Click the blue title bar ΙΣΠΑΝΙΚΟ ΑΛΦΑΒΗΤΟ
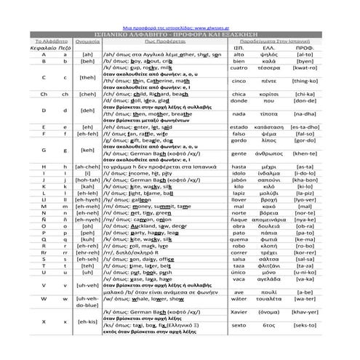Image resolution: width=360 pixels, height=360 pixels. (180, 33)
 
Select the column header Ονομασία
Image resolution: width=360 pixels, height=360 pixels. (87, 43)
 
